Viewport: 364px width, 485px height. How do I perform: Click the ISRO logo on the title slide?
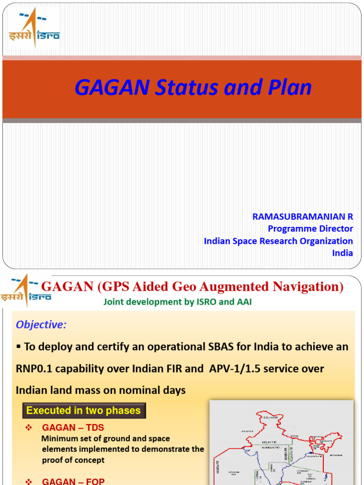[34, 29]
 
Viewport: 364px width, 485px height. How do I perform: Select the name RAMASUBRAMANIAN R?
[302, 216]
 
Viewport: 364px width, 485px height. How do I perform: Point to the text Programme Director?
[310, 229]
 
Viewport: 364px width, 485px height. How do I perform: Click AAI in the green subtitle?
[243, 302]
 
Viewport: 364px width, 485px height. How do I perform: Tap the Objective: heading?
[41, 325]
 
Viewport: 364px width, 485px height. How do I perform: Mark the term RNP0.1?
[38, 368]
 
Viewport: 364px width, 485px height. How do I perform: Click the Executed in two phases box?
[83, 411]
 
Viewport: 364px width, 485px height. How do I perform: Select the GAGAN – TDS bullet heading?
[73, 428]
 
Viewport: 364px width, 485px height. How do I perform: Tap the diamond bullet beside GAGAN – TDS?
[28, 428]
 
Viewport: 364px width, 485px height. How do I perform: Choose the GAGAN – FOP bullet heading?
[73, 481]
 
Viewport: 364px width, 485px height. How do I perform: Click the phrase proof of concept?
[73, 460]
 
